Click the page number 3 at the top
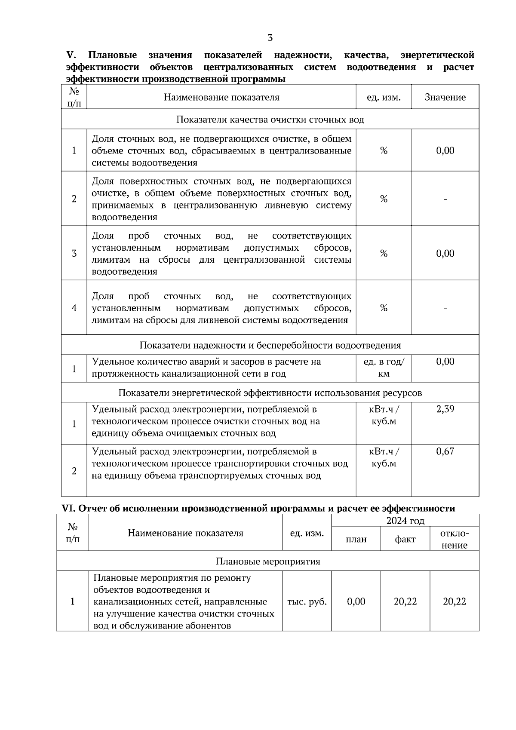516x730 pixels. pos(270,38)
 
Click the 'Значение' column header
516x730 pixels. pos(445,97)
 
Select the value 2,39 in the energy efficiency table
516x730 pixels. pos(445,409)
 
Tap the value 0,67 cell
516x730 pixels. pos(445,451)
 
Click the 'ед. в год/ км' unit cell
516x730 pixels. pos(384,368)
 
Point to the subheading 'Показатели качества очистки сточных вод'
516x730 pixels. pos(270,119)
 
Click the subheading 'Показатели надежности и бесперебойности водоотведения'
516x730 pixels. pos(270,345)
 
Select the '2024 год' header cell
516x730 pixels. pos(405,521)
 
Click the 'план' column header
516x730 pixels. pos(356,539)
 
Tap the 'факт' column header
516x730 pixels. pos(405,539)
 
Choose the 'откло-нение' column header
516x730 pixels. pos(455,539)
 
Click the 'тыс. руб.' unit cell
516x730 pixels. pos(307,601)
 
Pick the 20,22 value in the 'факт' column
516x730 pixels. pos(405,601)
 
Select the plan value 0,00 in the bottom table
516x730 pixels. pos(356,601)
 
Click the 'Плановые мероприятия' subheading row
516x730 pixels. pos(267,561)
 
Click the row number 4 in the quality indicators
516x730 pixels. pos(74,308)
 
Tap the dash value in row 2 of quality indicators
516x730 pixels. pos(445,199)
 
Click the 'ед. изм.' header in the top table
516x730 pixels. pos(384,97)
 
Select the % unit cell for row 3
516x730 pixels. pos(384,253)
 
